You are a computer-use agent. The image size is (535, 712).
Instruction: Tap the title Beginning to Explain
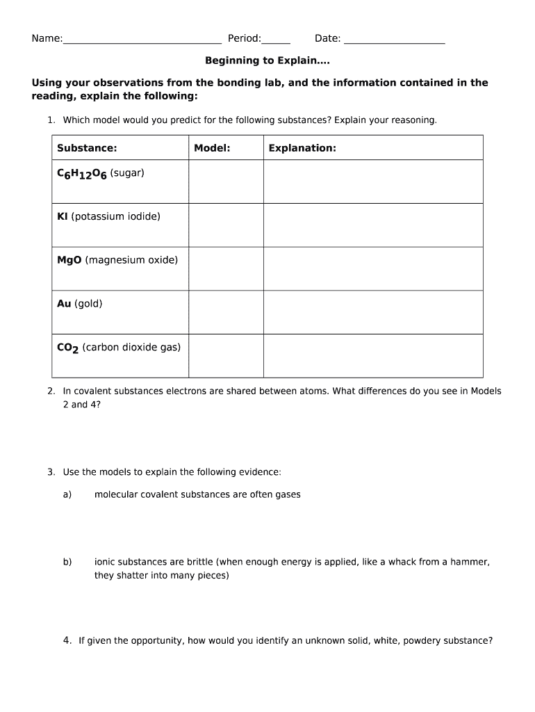pos(267,60)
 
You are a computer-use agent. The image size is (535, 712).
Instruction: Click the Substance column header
pos(87,148)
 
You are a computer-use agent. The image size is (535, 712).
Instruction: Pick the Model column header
pos(212,148)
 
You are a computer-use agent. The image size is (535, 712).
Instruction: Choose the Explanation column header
pos(302,148)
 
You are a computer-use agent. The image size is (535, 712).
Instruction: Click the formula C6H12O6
pos(81,174)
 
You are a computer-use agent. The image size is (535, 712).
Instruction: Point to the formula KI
pos(62,216)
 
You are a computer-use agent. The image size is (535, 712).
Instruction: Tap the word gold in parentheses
pos(88,304)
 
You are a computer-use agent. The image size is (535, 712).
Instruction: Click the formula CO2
pos(67,348)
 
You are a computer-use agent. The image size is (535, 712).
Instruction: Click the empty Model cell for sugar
pos(226,181)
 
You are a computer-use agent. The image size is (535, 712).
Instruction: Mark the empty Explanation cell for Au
pos(373,312)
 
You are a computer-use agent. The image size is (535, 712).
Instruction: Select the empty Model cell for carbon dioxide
pos(226,355)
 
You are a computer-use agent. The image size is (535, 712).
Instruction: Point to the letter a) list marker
pos(67,494)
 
